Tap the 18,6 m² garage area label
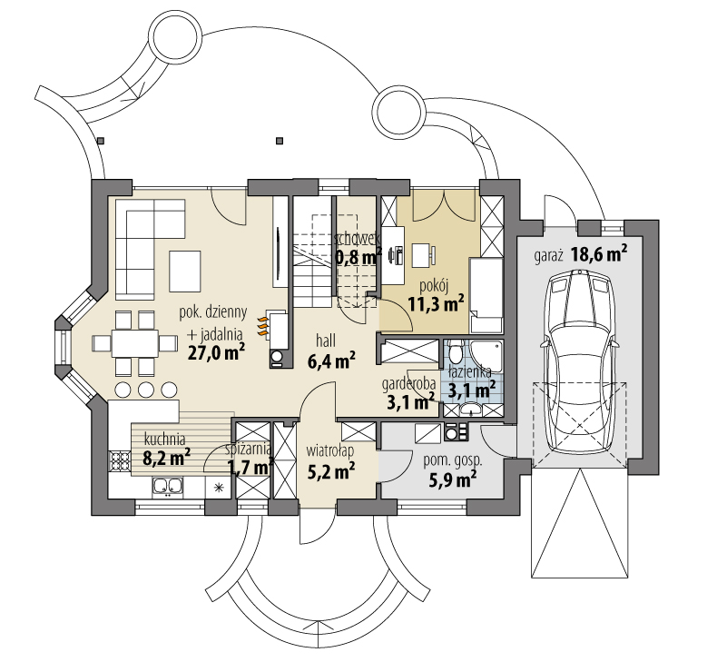[599, 254]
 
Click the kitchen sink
[168, 487]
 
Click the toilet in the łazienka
[455, 351]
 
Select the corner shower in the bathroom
[486, 355]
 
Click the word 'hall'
[326, 341]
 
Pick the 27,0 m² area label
[216, 352]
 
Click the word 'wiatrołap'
[330, 451]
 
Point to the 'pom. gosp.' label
[453, 461]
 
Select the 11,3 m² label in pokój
[437, 303]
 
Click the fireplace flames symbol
[262, 327]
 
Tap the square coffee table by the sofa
[185, 272]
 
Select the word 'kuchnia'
[164, 440]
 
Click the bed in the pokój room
[486, 295]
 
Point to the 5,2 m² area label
[331, 471]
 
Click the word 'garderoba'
[408, 384]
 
